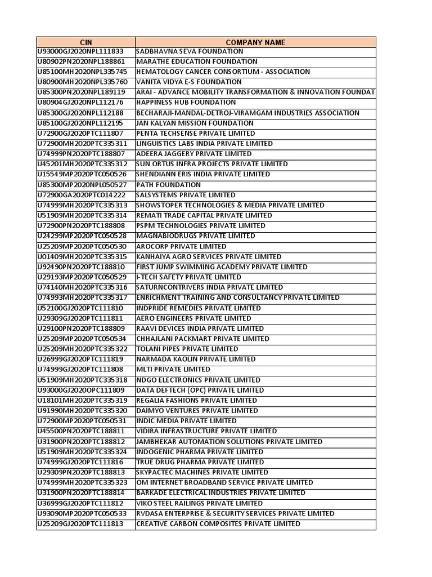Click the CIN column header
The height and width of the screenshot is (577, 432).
[85, 42]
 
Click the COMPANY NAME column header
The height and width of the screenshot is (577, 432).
[255, 42]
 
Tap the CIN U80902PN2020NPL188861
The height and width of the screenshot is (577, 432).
[80, 61]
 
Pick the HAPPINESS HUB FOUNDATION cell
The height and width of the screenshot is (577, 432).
[186, 103]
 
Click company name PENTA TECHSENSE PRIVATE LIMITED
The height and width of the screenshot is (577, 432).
[195, 134]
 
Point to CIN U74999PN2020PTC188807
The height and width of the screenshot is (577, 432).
[81, 154]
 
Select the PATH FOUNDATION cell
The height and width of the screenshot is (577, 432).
[168, 185]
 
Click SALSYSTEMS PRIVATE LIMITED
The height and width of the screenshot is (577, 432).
[186, 195]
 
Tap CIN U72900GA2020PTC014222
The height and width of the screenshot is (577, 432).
[81, 195]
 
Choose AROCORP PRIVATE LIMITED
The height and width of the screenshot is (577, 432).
[181, 246]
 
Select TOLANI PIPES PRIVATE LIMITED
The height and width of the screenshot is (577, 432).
[187, 349]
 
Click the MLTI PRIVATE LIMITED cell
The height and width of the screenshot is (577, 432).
[173, 370]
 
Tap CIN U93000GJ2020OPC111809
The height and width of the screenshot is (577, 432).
[80, 390]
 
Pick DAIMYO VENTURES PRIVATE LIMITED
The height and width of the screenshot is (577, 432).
[197, 411]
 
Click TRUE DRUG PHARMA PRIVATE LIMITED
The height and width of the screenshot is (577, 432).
[200, 462]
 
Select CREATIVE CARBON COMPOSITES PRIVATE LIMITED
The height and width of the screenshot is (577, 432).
[218, 524]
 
